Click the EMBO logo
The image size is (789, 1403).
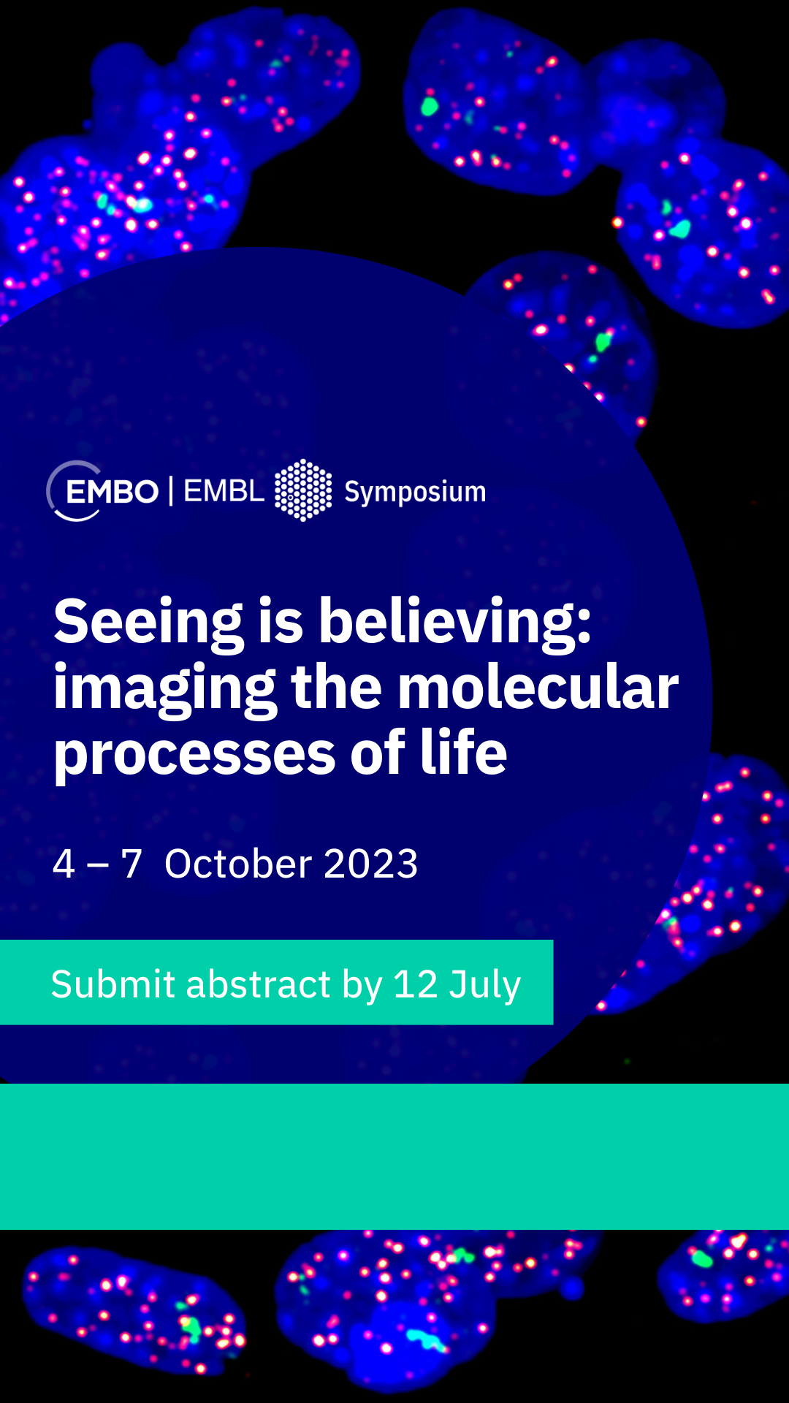click(102, 491)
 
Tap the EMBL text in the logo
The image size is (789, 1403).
click(224, 491)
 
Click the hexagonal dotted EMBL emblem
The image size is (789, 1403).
click(303, 490)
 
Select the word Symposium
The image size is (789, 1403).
click(415, 493)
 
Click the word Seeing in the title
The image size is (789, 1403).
click(148, 623)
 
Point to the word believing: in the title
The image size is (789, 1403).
click(455, 621)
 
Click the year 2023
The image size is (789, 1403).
click(371, 864)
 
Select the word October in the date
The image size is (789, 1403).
click(238, 864)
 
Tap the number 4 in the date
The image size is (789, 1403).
click(64, 864)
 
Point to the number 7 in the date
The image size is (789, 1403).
click(131, 864)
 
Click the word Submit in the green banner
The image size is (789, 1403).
click(113, 984)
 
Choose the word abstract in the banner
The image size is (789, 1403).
click(259, 984)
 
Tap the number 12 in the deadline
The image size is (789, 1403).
click(416, 984)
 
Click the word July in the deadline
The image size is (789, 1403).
click(485, 986)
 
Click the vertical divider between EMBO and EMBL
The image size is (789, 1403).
click(171, 491)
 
